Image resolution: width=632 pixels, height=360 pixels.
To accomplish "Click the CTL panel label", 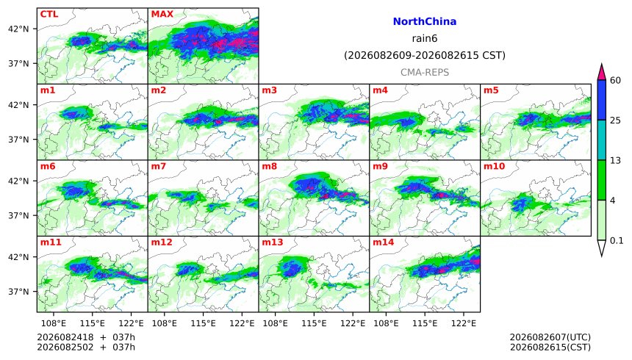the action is (49, 14).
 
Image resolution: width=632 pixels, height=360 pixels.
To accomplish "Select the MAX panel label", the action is (162, 14).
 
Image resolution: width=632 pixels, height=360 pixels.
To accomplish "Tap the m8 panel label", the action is (270, 166).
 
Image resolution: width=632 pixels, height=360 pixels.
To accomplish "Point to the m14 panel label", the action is (384, 242).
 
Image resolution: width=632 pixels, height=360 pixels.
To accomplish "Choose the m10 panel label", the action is (494, 166).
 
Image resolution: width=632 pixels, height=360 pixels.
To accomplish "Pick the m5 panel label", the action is (492, 90).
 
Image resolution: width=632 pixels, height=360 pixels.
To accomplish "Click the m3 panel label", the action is (270, 90).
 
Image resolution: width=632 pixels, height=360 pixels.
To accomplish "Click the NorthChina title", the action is (425, 21).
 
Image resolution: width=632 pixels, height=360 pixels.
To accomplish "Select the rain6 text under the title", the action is (425, 38).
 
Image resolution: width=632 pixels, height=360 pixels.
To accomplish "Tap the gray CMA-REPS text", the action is (425, 72).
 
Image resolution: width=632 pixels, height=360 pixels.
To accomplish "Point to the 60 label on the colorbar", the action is (616, 80).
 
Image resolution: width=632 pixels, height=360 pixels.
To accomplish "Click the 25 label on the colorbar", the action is (616, 120).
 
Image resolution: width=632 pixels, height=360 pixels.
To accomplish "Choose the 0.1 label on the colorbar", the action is (617, 241).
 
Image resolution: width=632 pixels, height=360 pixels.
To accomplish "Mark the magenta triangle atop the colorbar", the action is (602, 73).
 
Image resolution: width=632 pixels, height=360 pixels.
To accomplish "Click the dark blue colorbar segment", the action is (602, 100).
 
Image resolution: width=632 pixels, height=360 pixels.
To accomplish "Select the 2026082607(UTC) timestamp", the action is (550, 337).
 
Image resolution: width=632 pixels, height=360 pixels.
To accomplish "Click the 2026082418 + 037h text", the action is (86, 337).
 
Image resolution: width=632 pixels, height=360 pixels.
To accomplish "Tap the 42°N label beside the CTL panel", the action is (18, 29).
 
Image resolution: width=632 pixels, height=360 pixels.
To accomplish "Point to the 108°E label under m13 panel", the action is (276, 323).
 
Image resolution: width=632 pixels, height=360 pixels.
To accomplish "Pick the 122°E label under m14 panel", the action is (464, 323).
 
